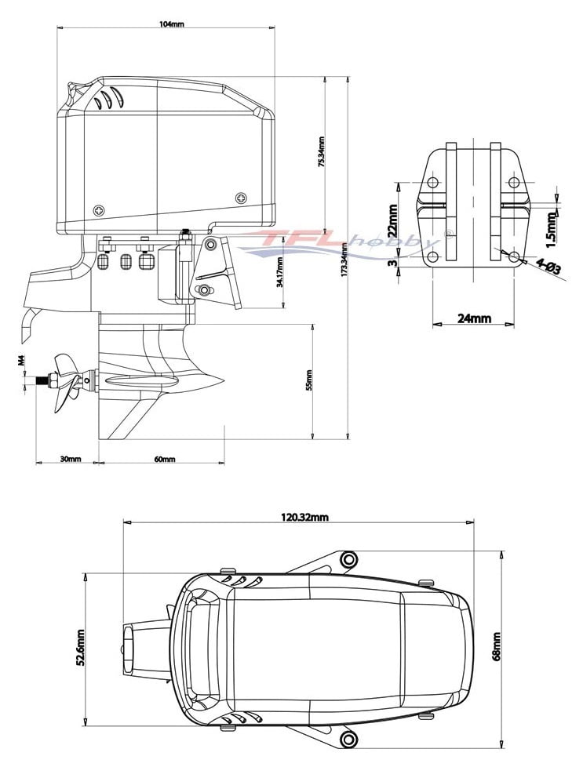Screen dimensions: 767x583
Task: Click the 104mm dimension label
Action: coord(171,24)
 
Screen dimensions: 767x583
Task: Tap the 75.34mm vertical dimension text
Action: coord(321,152)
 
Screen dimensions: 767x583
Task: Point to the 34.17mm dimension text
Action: coord(280,271)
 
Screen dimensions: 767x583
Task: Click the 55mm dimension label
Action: coord(309,380)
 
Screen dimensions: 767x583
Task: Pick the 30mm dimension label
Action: coord(70,459)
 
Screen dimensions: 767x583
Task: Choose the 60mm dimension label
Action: coord(165,459)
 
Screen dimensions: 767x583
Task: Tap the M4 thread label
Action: coord(22,362)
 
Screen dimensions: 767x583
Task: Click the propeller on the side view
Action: coord(66,382)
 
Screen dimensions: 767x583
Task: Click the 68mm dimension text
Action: coord(496,646)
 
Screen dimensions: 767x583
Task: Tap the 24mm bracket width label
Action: coord(474,318)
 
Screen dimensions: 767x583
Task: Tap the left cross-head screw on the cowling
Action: coord(99,209)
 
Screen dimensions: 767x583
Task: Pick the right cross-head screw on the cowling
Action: coord(241,196)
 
